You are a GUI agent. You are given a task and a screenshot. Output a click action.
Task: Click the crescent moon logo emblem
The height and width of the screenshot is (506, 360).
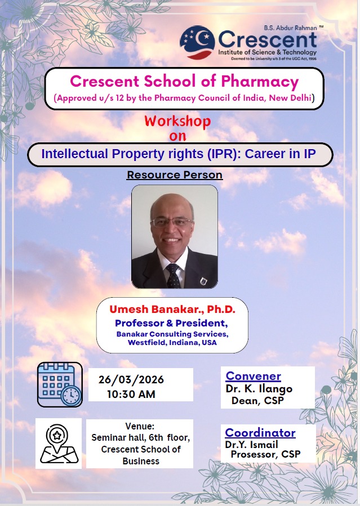coord(197,42)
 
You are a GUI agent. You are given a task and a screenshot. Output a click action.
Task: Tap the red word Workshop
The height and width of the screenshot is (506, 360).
coord(177,122)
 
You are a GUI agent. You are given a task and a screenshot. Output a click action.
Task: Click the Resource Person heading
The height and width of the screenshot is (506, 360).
coord(175,174)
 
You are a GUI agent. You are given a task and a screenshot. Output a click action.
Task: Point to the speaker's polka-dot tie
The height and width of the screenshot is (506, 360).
coord(174,275)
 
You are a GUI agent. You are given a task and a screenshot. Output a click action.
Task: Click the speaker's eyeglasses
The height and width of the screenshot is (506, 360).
coord(172,221)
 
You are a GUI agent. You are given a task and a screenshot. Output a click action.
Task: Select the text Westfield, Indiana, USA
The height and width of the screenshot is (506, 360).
coord(172,342)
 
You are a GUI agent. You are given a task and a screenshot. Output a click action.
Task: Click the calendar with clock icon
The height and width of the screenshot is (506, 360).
coord(60,384)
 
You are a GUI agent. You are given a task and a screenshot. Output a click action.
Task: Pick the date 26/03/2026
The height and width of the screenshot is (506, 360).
coord(131,379)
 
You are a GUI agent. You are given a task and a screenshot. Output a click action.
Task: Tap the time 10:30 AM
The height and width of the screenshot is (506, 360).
coord(131,394)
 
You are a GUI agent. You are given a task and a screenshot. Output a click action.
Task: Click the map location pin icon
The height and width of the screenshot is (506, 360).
coord(59,444)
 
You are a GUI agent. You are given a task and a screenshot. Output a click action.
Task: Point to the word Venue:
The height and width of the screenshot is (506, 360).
coord(140,426)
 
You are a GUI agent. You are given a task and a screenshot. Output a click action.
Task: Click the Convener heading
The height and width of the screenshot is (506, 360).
coord(253,376)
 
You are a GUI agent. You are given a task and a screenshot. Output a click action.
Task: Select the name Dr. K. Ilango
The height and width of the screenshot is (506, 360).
coord(259,389)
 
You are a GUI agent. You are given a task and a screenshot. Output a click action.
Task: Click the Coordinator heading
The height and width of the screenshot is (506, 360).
coord(260,433)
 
